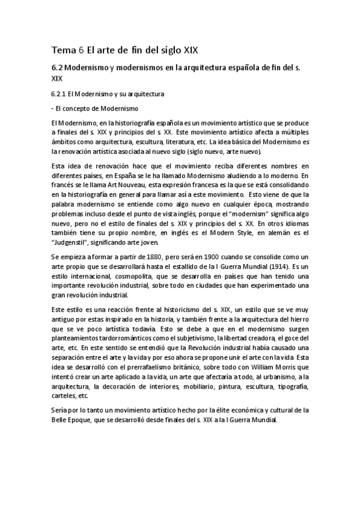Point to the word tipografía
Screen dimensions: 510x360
[291, 386]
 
